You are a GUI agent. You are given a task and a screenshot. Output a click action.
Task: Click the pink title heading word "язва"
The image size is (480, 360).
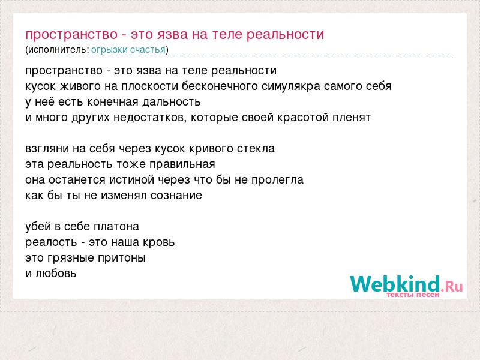[173, 35]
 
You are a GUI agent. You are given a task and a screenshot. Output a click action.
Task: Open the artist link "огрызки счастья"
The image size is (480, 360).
[128, 50]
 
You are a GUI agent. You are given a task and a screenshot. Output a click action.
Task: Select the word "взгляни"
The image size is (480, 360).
[47, 149]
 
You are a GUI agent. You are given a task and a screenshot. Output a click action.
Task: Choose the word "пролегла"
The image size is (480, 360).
[277, 180]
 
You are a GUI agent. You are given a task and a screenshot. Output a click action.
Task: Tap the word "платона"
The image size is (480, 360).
[116, 227]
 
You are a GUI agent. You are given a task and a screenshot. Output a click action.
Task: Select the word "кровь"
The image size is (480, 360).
[159, 242]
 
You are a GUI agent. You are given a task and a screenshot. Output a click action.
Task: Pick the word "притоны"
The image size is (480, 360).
[122, 258]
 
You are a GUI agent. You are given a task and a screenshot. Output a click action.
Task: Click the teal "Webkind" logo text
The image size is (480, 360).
[395, 283]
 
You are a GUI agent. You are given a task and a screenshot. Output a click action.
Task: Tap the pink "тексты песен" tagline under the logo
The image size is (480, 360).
[413, 295]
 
